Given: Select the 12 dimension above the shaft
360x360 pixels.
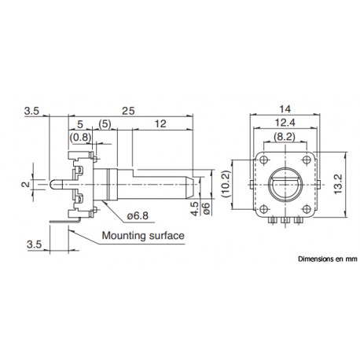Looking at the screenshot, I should click(160, 124).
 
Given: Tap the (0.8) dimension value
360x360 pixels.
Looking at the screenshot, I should click(79, 138).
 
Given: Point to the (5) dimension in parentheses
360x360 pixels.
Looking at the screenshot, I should click(105, 124).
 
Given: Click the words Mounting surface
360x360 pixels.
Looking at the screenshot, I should click(141, 235).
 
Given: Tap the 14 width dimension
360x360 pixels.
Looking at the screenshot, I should click(285, 109).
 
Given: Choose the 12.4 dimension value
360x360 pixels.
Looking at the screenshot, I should click(285, 123).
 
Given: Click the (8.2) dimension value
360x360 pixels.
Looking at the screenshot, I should click(285, 138).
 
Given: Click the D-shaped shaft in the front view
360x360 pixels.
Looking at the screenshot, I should click(285, 186).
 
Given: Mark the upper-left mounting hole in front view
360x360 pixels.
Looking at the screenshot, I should click(263, 160).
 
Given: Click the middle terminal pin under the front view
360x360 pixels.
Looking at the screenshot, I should click(285, 223).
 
